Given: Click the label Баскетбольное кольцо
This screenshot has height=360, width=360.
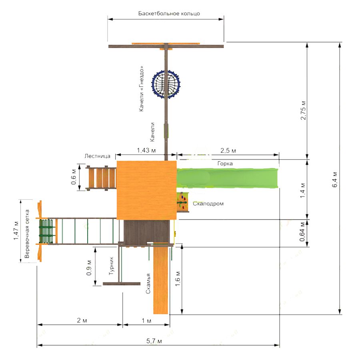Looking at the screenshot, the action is click(169, 14).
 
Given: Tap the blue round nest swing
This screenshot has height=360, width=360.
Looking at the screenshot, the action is click(166, 84).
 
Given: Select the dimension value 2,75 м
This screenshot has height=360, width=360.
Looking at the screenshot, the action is click(303, 110).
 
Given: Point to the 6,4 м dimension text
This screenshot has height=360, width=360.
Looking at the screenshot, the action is click(335, 180).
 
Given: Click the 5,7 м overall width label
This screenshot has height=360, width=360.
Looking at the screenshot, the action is click(154, 341).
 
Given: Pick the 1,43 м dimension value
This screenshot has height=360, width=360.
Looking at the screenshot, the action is click(146, 150).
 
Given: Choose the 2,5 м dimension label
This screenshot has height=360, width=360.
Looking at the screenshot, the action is click(228, 150).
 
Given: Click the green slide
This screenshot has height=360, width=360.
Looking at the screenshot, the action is click(227, 178).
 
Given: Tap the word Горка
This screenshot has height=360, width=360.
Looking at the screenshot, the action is click(225, 164).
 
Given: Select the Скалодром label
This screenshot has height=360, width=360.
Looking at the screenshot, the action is click(208, 204).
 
